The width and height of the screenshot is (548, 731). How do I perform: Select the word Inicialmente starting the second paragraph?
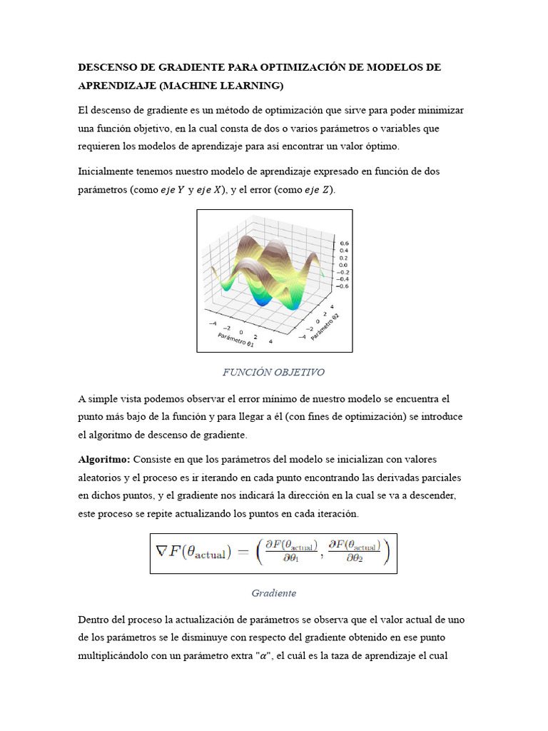[106, 171]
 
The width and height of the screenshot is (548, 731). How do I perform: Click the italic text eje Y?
[170, 190]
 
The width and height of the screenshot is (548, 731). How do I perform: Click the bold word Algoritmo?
[103, 458]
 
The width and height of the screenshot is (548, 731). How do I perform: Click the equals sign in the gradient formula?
[241, 553]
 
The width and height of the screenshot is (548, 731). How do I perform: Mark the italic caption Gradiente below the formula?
[273, 593]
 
